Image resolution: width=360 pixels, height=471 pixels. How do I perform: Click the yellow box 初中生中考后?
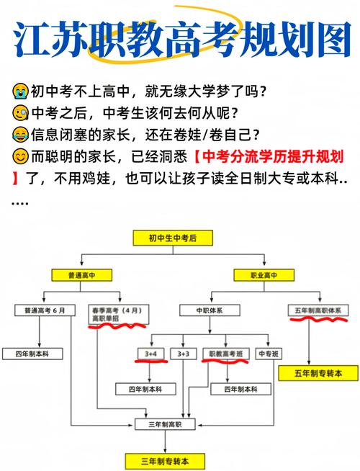point(173,238)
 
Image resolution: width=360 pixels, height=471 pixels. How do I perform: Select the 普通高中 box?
point(81,275)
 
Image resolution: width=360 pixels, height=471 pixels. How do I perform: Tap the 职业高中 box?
point(264,275)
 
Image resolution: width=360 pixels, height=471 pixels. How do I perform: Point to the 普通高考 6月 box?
point(45,310)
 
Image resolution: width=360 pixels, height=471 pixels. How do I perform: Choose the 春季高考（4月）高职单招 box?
point(119,315)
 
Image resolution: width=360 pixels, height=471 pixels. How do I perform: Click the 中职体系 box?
point(210,310)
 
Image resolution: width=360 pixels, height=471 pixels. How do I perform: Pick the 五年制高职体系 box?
point(318,310)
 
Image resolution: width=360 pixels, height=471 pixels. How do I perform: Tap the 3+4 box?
point(150,354)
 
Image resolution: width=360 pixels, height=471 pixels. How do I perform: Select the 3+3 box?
point(184,354)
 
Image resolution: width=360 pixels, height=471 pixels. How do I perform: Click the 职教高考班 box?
point(226,354)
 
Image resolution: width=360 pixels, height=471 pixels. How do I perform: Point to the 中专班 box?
point(269,354)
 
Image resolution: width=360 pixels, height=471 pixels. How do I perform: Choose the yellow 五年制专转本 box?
point(318,373)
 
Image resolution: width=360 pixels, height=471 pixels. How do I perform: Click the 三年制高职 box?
point(165,424)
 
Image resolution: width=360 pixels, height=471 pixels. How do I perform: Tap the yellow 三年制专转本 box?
point(165,461)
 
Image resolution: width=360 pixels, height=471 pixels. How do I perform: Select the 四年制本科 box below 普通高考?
point(32,354)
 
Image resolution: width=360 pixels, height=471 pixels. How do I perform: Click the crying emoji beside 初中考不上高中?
point(20,91)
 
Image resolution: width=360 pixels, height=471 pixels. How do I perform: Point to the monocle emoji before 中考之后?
point(20,113)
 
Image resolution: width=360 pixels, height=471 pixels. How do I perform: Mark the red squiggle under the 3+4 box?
point(151,362)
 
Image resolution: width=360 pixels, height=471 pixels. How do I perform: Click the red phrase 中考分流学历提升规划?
point(273,156)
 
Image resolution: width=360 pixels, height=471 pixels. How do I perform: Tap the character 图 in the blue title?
point(333,40)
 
